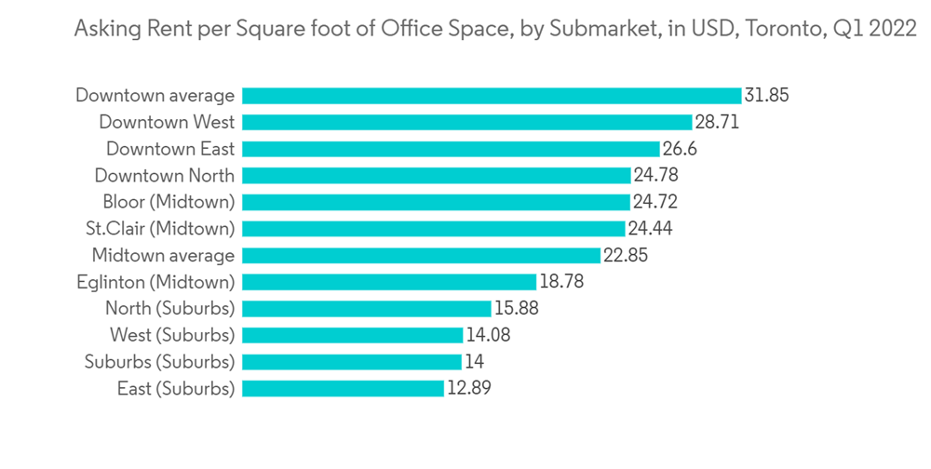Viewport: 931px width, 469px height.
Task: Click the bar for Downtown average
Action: click(x=491, y=95)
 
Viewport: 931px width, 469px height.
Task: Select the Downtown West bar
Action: click(x=466, y=122)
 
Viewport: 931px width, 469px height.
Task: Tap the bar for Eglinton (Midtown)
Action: click(x=388, y=281)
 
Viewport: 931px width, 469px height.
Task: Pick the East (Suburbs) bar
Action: click(x=343, y=388)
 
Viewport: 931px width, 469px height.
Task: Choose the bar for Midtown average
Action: click(x=421, y=255)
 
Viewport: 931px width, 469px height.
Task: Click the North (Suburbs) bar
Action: click(x=366, y=308)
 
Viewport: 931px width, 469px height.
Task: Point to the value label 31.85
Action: click(x=766, y=95)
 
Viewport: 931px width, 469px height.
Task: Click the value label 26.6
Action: click(x=681, y=149)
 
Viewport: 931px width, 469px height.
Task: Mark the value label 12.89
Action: click(x=468, y=388)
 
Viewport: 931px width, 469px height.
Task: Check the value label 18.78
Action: click(x=561, y=281)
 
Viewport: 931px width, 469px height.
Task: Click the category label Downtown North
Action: click(x=165, y=175)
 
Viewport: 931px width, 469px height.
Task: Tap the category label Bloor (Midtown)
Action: click(x=169, y=202)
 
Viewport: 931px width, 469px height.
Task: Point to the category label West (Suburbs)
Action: click(x=172, y=335)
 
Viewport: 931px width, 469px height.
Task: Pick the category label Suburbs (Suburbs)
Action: click(x=159, y=362)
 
